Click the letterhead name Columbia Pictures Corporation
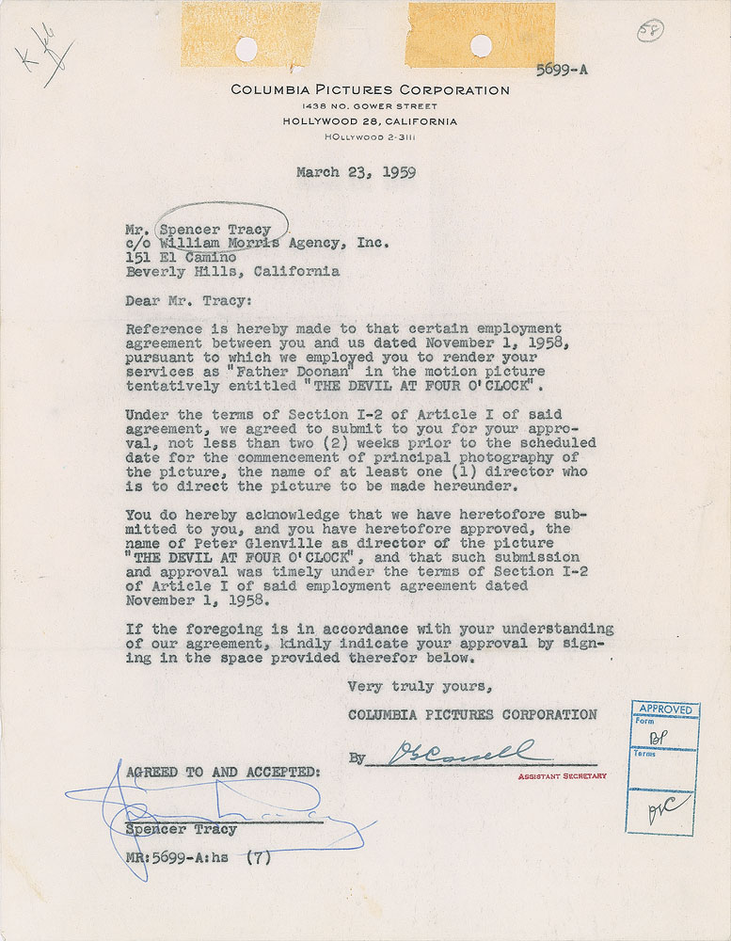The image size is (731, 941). (x=371, y=90)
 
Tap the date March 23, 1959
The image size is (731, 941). (x=356, y=172)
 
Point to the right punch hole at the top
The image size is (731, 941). (x=481, y=43)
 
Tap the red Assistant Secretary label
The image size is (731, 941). (x=562, y=776)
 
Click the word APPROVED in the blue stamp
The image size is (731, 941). (x=665, y=709)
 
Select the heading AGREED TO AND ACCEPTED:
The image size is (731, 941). (x=222, y=772)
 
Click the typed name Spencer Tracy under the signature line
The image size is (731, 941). (x=182, y=830)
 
